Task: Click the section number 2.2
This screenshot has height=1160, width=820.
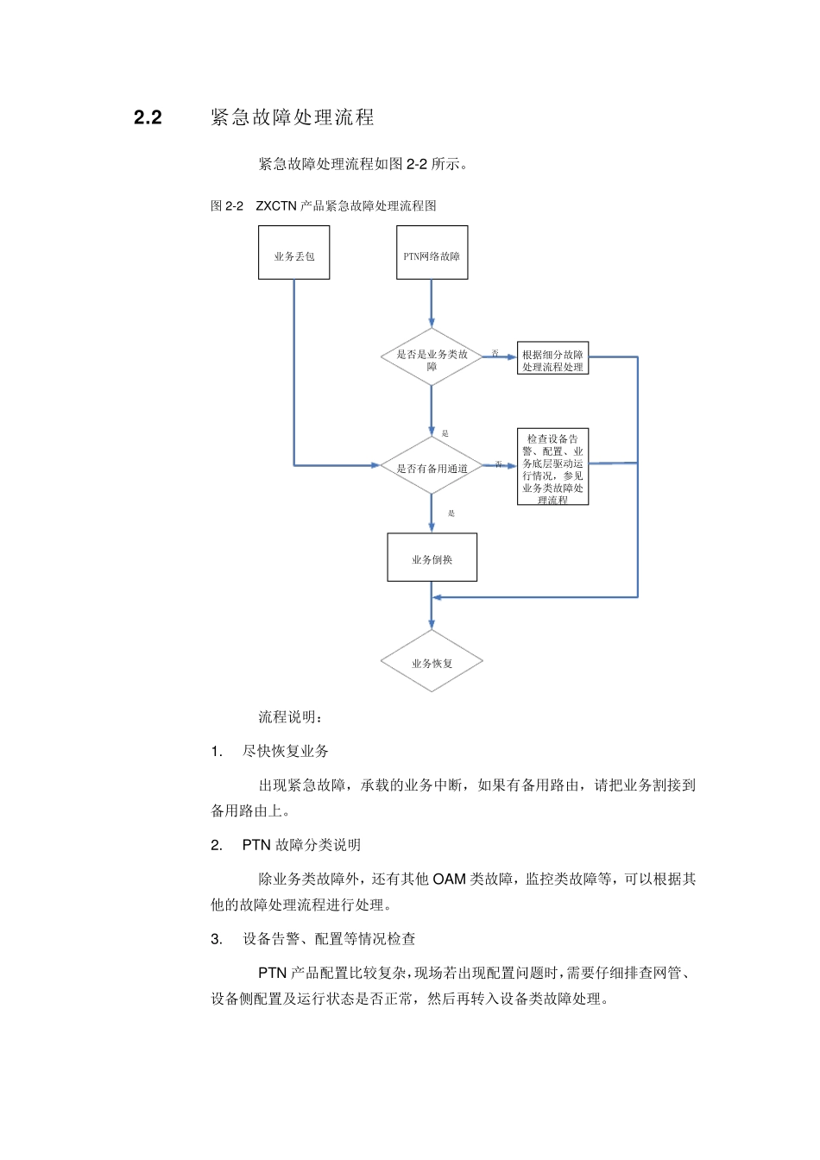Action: click(x=148, y=118)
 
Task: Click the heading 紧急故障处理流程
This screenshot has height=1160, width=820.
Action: click(x=292, y=117)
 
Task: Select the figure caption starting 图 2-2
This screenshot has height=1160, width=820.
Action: click(x=323, y=205)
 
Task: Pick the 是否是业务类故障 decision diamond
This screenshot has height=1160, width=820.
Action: click(x=432, y=357)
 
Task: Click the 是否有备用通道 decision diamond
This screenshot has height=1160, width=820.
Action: click(x=432, y=466)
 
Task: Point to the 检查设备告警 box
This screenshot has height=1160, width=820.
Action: click(x=552, y=467)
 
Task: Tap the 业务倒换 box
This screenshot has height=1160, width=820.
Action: click(x=432, y=558)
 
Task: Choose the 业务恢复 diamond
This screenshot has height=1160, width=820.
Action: click(x=432, y=662)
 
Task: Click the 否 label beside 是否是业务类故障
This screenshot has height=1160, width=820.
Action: click(x=495, y=353)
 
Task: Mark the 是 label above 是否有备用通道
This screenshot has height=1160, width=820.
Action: click(x=445, y=433)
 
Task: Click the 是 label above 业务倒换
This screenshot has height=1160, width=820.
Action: click(x=451, y=514)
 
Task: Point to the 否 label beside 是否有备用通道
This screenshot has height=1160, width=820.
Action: click(x=498, y=464)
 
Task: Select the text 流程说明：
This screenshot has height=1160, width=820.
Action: click(x=291, y=717)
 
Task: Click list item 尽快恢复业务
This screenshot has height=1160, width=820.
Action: click(x=285, y=751)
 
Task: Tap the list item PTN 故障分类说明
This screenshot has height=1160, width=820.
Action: click(x=301, y=845)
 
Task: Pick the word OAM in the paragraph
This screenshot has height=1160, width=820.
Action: click(x=449, y=879)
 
